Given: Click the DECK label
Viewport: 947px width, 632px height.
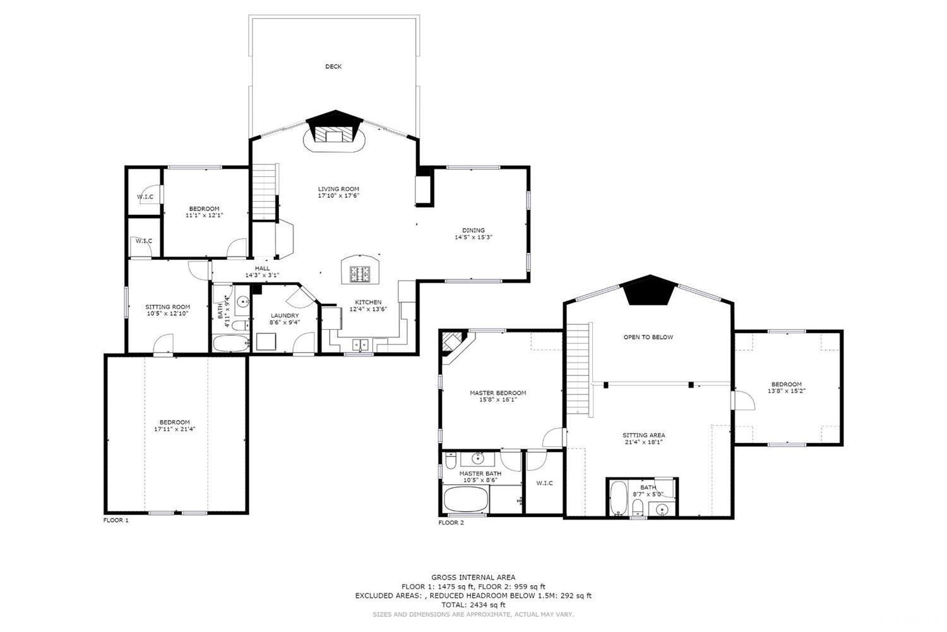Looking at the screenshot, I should pyautogui.click(x=333, y=66).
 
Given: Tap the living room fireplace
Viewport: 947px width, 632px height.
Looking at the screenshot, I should pyautogui.click(x=333, y=135).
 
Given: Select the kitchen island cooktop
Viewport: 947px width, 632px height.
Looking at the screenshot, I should pyautogui.click(x=360, y=274).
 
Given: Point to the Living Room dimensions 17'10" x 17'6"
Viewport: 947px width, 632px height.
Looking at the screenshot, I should pyautogui.click(x=338, y=196).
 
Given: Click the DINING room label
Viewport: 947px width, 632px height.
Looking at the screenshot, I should pyautogui.click(x=473, y=230).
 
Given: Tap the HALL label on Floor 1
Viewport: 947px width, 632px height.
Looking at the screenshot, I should pyautogui.click(x=262, y=269).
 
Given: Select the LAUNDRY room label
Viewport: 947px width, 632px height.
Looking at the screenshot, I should pyautogui.click(x=285, y=315).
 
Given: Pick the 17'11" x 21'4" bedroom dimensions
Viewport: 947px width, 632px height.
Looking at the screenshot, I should pyautogui.click(x=174, y=429).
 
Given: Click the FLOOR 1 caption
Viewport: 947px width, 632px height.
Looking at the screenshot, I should pyautogui.click(x=116, y=521).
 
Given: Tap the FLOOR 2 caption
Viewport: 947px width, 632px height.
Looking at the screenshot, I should pyautogui.click(x=451, y=523).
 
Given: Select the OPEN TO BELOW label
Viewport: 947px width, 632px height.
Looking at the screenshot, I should pyautogui.click(x=648, y=337).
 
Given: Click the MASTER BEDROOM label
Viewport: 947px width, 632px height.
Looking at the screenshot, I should pyautogui.click(x=497, y=392).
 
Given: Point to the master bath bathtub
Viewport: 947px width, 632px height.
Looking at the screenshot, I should pyautogui.click(x=467, y=500).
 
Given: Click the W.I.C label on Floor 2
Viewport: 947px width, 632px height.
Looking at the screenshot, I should pyautogui.click(x=544, y=483).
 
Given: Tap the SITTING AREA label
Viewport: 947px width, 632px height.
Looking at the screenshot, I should pyautogui.click(x=643, y=435).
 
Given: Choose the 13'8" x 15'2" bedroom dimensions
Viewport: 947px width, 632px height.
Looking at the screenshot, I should pyautogui.click(x=786, y=391).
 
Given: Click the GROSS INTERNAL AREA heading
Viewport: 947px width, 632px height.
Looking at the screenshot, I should pyautogui.click(x=473, y=577).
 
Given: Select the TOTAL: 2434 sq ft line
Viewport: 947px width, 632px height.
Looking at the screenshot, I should pyautogui.click(x=473, y=605).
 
